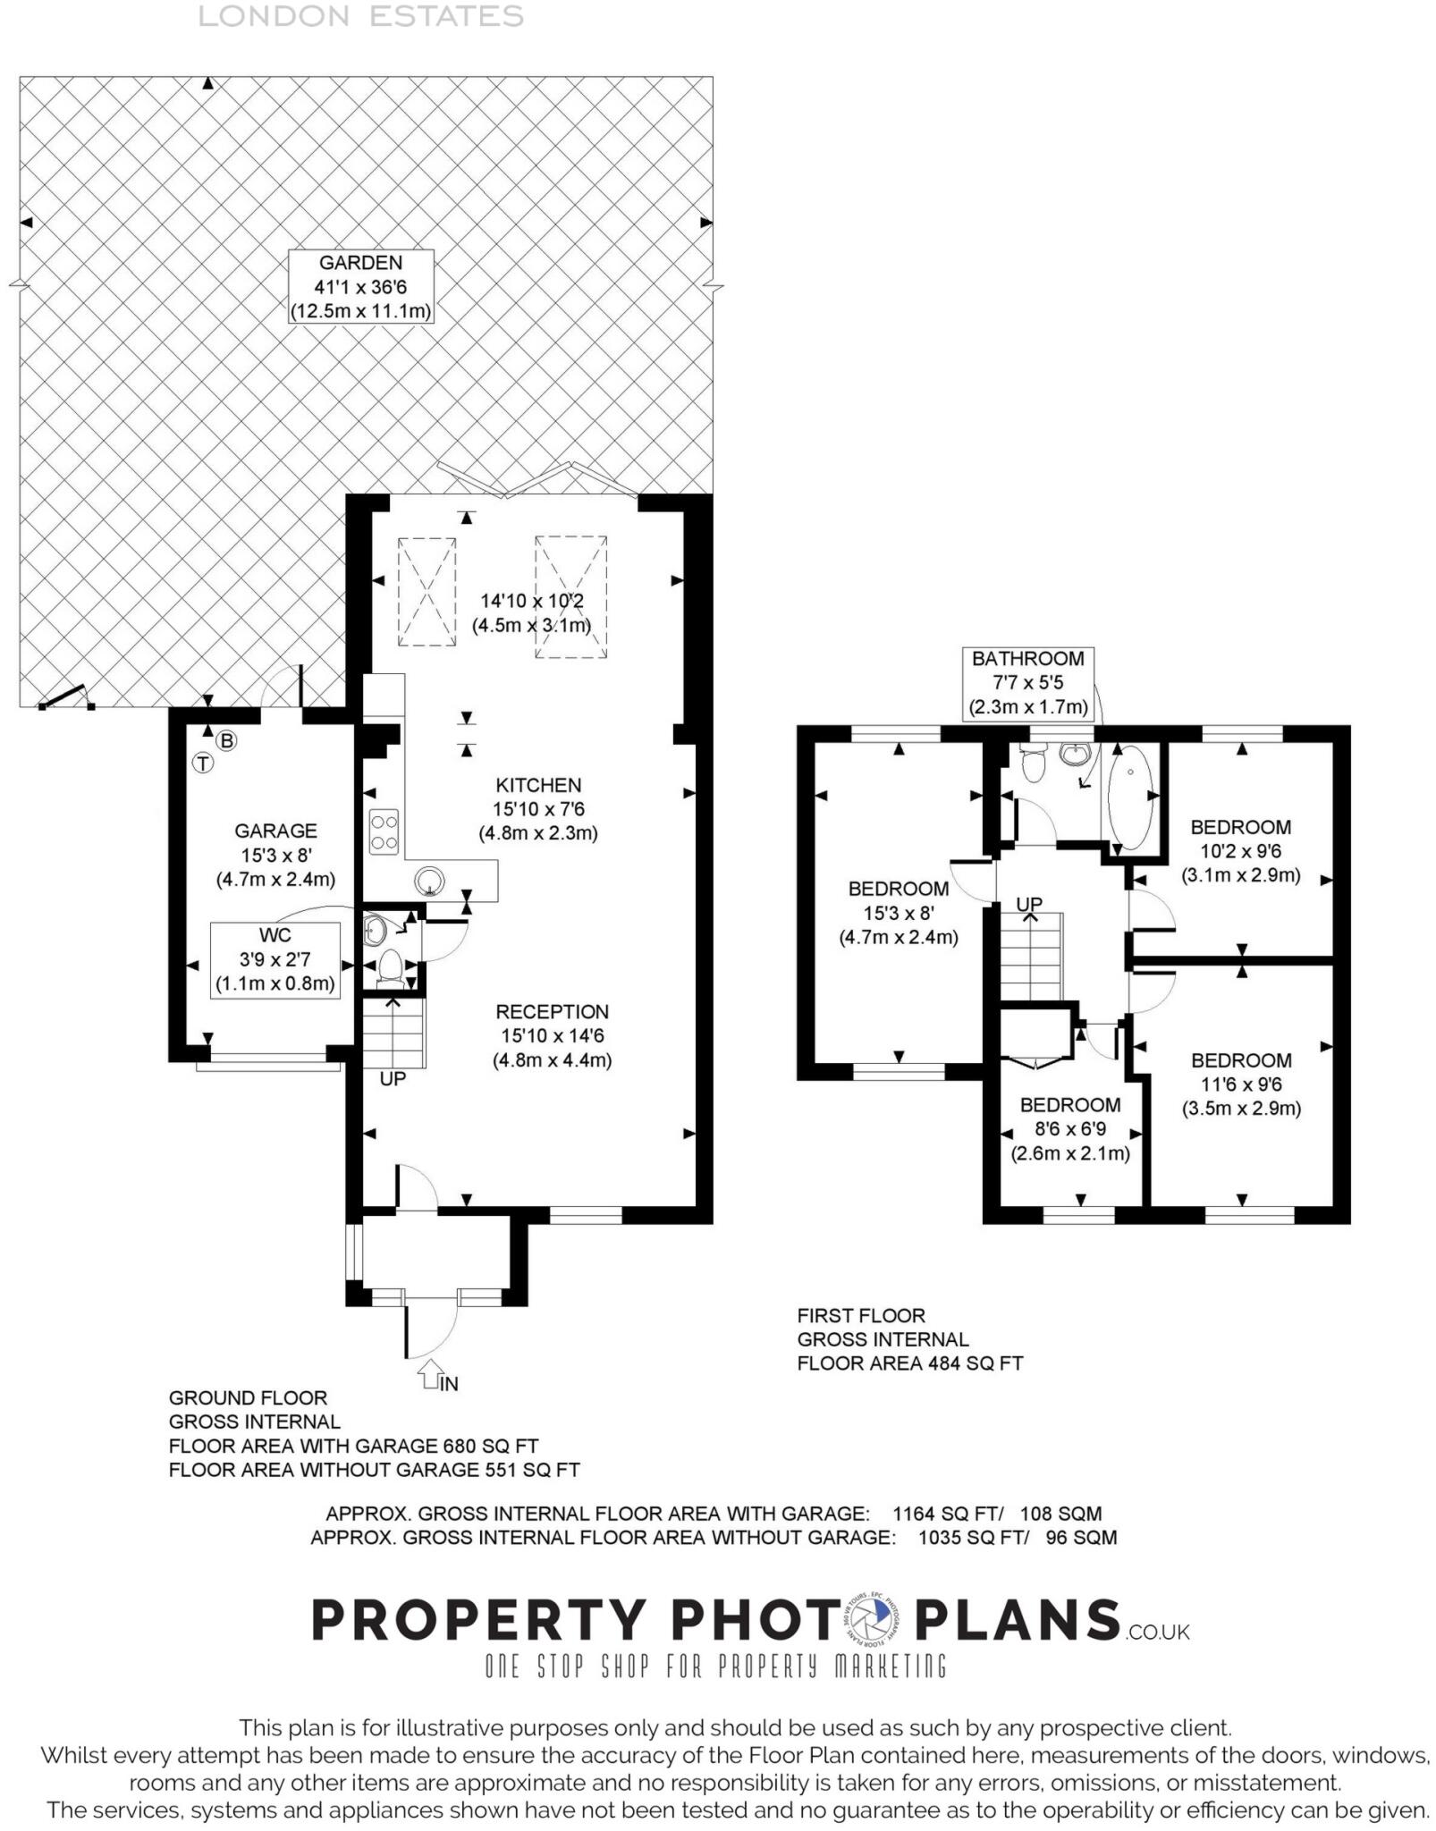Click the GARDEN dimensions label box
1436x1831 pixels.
click(x=360, y=286)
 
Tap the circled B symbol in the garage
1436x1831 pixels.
click(x=227, y=740)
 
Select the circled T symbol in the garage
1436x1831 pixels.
click(x=204, y=763)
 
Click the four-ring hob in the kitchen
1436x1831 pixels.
click(x=384, y=831)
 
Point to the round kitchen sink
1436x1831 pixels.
click(x=430, y=881)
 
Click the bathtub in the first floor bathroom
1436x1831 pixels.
click(x=1131, y=797)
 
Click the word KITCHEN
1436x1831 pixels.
click(x=538, y=785)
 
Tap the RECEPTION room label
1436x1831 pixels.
click(x=552, y=1011)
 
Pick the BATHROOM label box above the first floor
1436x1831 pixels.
click(x=1027, y=683)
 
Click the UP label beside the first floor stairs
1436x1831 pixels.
click(x=1029, y=904)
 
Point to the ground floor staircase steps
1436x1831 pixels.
click(x=393, y=1032)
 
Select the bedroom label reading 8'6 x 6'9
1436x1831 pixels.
click(x=1070, y=1129)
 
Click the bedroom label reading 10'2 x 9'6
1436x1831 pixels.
click(x=1240, y=851)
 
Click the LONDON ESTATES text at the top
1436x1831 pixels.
click(x=360, y=16)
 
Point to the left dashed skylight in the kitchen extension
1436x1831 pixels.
click(x=427, y=591)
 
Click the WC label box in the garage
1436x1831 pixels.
click(x=275, y=960)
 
